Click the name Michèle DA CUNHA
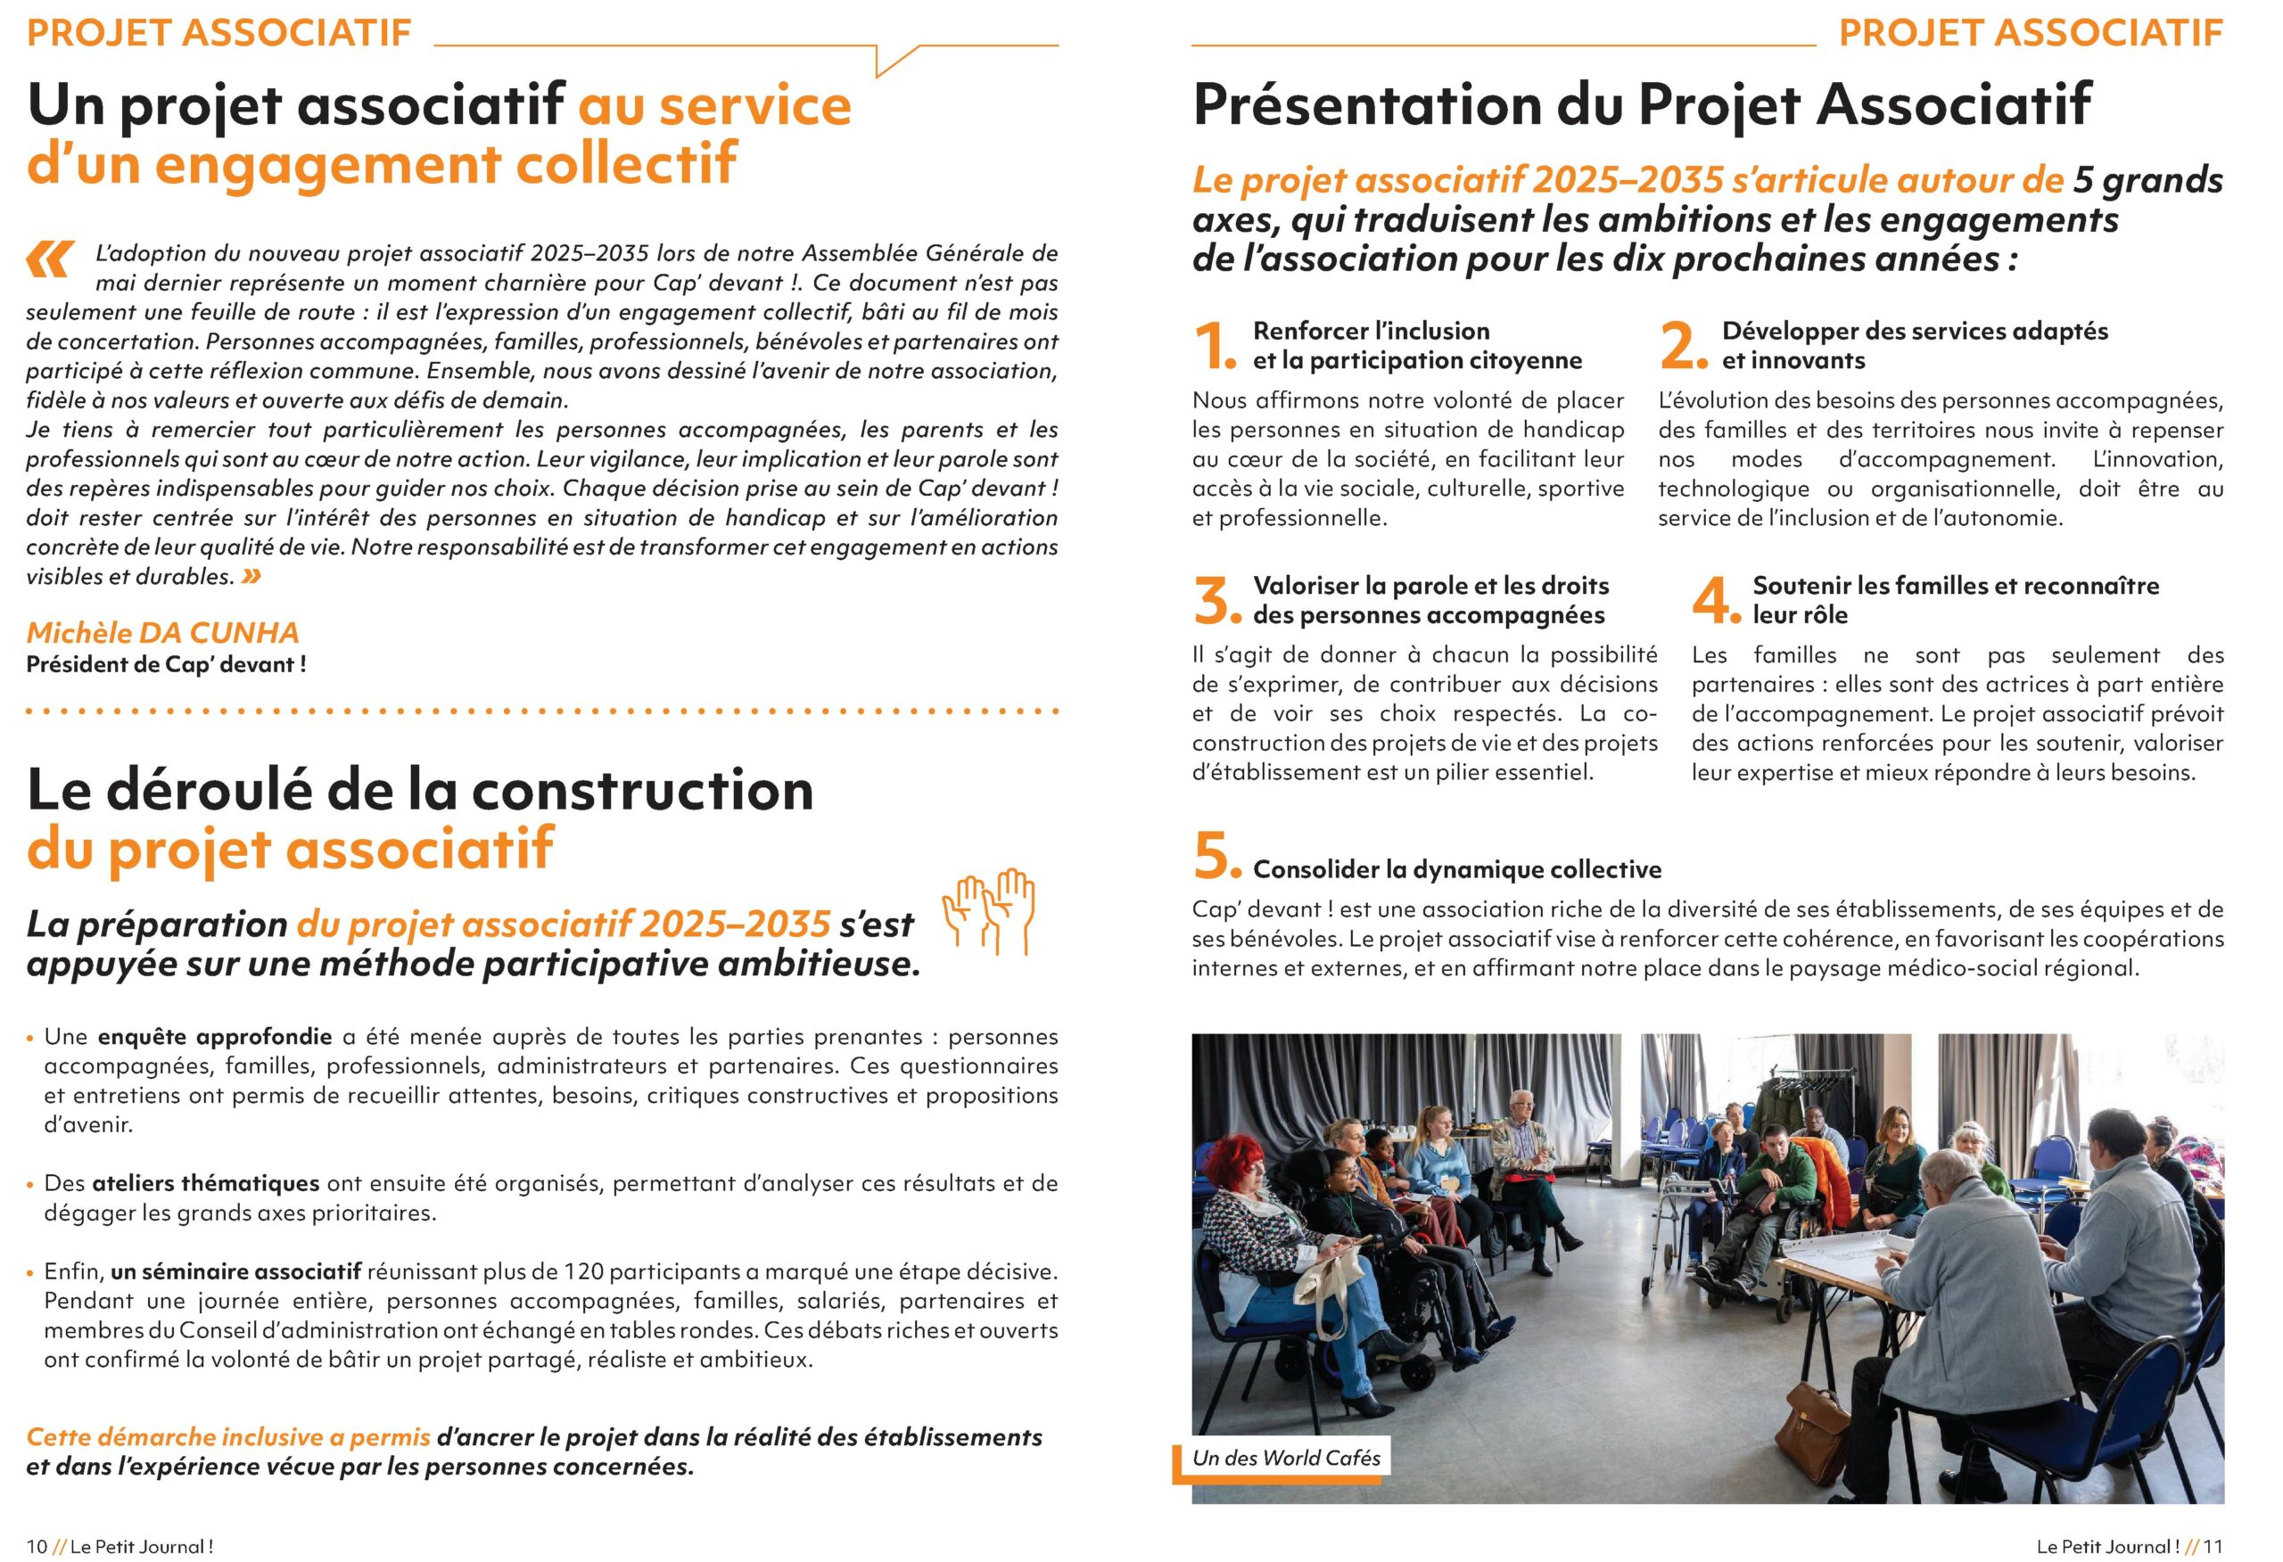pos(162,632)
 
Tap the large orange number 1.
pos(1215,346)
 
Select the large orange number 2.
pos(1683,346)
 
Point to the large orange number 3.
pos(1216,600)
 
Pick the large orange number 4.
pos(1715,600)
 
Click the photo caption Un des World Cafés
pos(1285,1457)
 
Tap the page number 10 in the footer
pos(37,1545)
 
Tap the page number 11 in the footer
pos(2213,1545)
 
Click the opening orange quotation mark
pos(50,259)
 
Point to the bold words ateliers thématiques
pos(205,1183)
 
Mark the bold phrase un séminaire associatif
pos(235,1271)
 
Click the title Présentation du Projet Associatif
pos(1641,105)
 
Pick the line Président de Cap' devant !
pos(166,664)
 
